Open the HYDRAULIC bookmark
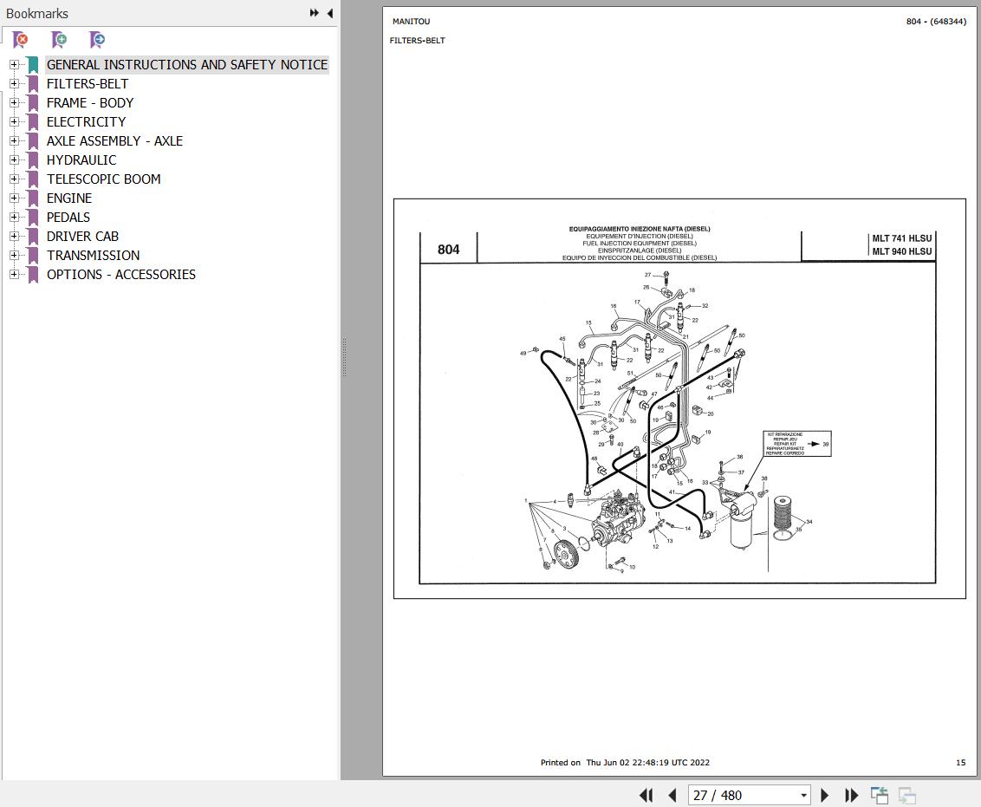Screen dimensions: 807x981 (81, 160)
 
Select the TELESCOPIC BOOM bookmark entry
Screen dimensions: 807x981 (103, 179)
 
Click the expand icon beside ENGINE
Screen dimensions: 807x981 (14, 198)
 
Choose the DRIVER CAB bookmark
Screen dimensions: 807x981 (82, 237)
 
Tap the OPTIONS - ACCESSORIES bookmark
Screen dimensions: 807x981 (120, 275)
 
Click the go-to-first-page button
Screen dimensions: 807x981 (646, 795)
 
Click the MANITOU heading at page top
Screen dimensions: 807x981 (411, 22)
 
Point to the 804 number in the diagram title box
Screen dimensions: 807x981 (448, 250)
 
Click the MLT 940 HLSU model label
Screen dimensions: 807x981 (901, 252)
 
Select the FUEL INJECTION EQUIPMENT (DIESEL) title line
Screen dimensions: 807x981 (639, 244)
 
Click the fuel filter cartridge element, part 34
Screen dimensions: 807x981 (783, 517)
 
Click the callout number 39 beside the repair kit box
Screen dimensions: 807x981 (825, 444)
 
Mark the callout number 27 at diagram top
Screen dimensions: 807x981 (647, 275)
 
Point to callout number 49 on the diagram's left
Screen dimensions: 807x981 (523, 353)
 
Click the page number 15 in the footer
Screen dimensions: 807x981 (960, 763)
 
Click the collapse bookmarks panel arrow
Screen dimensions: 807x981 (329, 13)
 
